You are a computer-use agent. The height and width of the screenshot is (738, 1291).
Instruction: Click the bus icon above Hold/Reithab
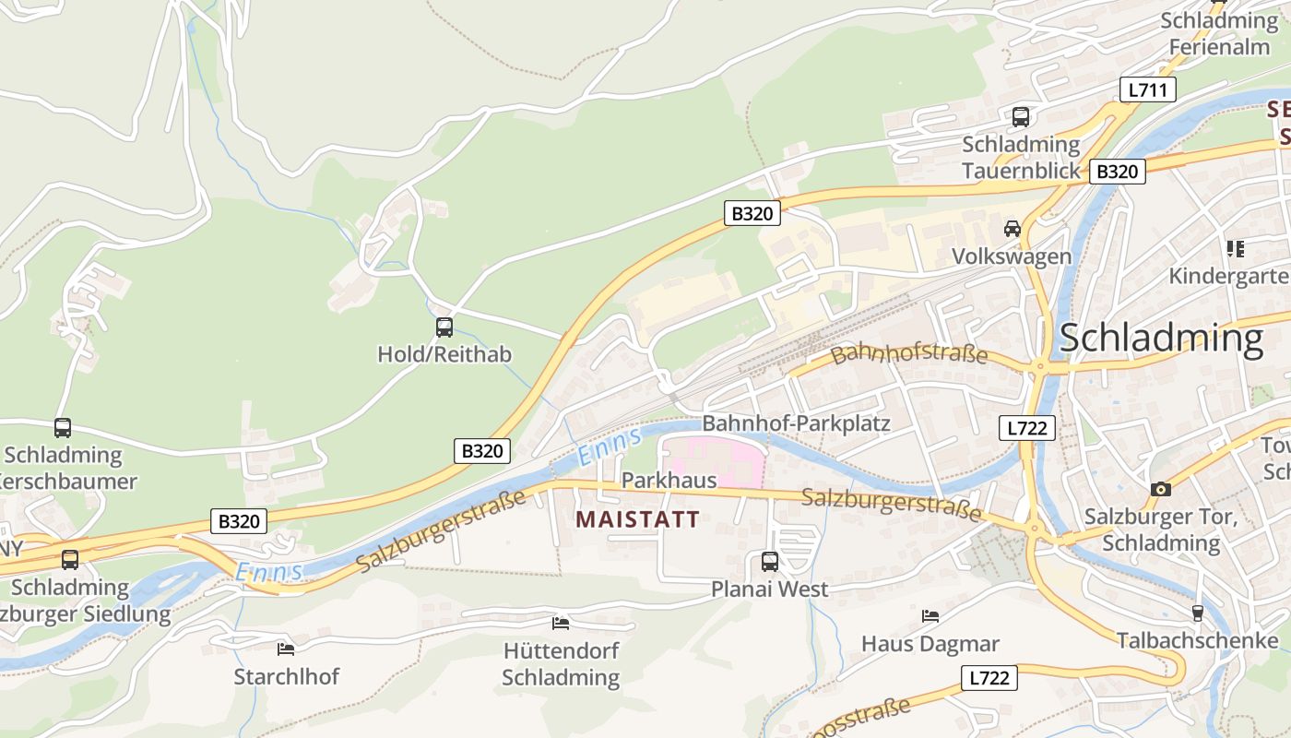click(x=444, y=327)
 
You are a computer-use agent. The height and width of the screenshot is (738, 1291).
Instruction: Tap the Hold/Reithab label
click(x=444, y=354)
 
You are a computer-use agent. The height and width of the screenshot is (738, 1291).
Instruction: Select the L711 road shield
click(x=1147, y=89)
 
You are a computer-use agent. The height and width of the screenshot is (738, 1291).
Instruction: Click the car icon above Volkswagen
click(x=1012, y=229)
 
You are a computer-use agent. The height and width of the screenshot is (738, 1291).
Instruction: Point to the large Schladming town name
click(x=1160, y=339)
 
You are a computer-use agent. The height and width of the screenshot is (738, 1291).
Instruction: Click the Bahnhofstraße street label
click(x=908, y=354)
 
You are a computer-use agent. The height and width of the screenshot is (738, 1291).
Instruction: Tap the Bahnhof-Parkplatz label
click(x=796, y=423)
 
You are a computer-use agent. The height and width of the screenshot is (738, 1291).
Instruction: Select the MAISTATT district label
click(x=637, y=519)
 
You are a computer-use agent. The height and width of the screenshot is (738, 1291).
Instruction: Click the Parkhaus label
click(x=669, y=481)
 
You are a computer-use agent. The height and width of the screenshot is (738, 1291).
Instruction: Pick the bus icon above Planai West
click(x=769, y=561)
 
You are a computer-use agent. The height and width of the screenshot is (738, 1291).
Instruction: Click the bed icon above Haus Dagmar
click(x=930, y=615)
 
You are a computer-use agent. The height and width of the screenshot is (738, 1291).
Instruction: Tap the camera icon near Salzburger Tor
click(x=1160, y=489)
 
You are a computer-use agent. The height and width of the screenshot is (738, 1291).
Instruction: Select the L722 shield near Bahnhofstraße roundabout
click(x=1026, y=428)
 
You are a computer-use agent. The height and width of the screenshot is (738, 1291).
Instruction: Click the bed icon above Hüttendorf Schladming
click(x=560, y=624)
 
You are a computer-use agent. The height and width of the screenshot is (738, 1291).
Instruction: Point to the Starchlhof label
click(x=286, y=676)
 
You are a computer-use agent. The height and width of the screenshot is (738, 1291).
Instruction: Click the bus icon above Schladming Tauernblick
click(x=1020, y=117)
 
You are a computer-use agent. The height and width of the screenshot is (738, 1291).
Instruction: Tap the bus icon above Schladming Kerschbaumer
click(x=63, y=428)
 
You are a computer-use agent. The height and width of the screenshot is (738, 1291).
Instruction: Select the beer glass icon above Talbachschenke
click(x=1197, y=613)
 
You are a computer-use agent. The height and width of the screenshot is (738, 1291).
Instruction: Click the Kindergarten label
click(x=1229, y=276)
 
